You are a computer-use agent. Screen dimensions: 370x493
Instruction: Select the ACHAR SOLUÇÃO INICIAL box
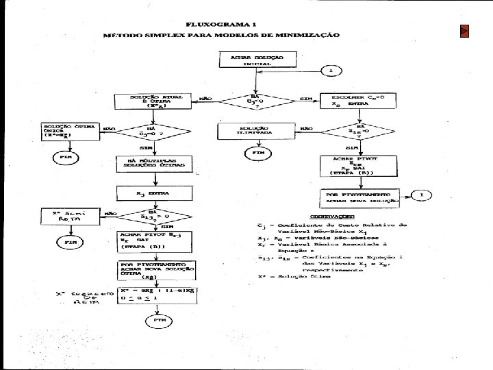(255, 60)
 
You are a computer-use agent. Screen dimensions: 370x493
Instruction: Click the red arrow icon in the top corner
(464, 32)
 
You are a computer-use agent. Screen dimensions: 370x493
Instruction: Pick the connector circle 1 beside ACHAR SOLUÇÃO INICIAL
(330, 71)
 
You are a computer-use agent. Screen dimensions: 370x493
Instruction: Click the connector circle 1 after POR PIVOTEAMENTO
(422, 196)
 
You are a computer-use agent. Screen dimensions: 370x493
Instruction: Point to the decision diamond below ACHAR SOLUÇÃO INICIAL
(255, 101)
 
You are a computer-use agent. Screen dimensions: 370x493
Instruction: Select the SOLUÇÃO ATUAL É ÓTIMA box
(151, 101)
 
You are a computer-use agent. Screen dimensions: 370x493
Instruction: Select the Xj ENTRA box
(153, 194)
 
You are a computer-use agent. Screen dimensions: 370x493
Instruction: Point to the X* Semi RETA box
(67, 217)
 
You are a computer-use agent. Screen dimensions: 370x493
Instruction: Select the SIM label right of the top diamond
(305, 101)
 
